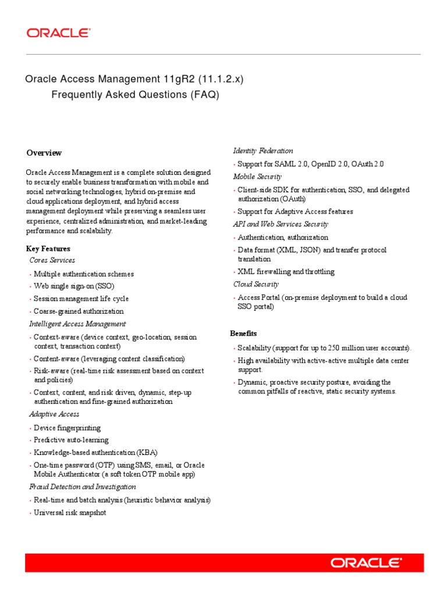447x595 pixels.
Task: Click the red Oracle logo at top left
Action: click(x=58, y=33)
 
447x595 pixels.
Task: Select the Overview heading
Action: click(x=44, y=153)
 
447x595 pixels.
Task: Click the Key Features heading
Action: click(x=48, y=249)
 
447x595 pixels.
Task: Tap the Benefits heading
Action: click(x=243, y=334)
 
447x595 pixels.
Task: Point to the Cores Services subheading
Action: click(x=52, y=260)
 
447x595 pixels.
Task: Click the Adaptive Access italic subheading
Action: click(x=54, y=414)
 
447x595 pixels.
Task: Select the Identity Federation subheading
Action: click(x=263, y=151)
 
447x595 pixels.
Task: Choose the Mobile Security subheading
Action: click(x=257, y=177)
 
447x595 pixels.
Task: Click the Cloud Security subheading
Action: click(x=256, y=284)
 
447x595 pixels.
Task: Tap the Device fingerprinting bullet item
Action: click(x=67, y=428)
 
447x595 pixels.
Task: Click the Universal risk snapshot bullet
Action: click(x=70, y=513)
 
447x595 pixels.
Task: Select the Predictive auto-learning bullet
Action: click(x=71, y=440)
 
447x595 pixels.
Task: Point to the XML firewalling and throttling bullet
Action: click(x=286, y=271)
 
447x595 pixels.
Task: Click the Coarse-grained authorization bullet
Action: click(x=79, y=311)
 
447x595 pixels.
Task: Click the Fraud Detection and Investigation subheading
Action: click(x=77, y=487)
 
